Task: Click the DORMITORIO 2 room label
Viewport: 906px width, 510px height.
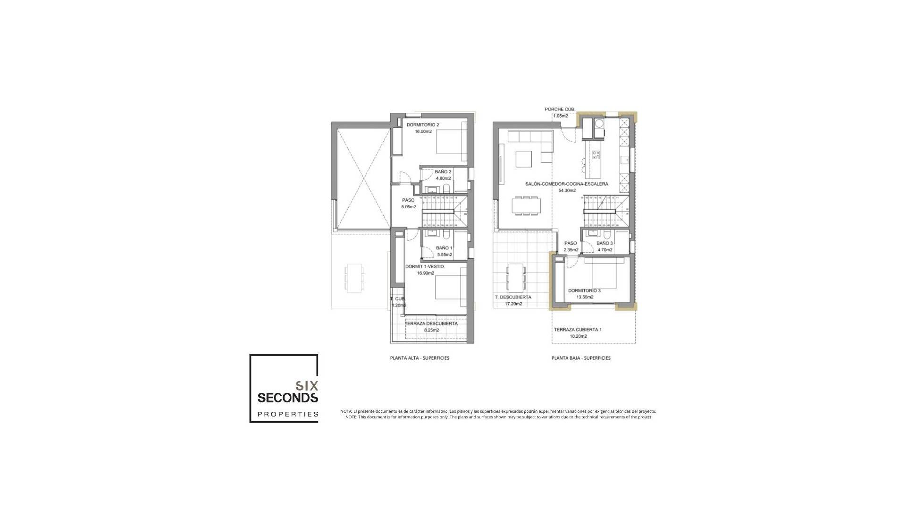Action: pos(423,125)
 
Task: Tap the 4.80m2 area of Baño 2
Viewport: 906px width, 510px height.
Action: pos(443,178)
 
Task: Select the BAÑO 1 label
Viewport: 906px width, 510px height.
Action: pos(444,248)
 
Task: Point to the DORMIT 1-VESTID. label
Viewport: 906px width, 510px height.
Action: pos(425,266)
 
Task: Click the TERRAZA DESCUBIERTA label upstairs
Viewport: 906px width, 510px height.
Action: pos(431,323)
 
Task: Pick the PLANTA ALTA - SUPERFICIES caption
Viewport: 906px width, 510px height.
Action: pos(419,358)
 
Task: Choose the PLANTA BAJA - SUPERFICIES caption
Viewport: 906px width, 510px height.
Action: pos(581,358)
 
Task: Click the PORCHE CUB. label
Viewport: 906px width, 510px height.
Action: pos(560,109)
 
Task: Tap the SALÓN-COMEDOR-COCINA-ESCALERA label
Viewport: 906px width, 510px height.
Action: pos(567,184)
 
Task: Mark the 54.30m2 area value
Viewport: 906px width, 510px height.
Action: pos(567,191)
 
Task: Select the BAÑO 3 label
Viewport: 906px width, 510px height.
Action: pos(604,243)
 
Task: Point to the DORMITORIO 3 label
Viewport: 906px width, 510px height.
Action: pos(584,290)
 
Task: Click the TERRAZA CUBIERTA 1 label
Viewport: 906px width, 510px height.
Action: pos(578,330)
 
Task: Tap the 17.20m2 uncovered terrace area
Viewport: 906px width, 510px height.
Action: pos(513,304)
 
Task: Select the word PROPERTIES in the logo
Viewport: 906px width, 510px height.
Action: pos(288,414)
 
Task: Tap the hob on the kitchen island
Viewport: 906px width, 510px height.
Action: pos(596,155)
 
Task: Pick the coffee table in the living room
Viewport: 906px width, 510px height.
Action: pos(524,159)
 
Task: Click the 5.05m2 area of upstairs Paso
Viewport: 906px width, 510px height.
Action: pos(409,207)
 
